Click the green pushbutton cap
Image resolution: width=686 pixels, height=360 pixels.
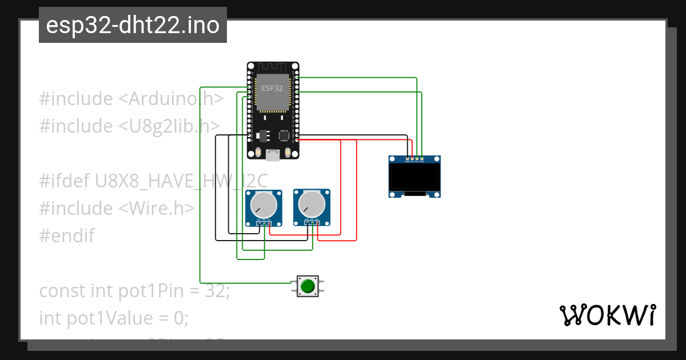pyautogui.click(x=308, y=286)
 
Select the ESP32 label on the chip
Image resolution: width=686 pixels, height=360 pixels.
pyautogui.click(x=272, y=89)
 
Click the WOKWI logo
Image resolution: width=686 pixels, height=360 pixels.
pyautogui.click(x=607, y=315)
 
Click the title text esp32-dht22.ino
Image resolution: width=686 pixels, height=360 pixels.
pyautogui.click(x=133, y=26)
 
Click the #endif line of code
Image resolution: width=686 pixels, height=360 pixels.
pyautogui.click(x=67, y=235)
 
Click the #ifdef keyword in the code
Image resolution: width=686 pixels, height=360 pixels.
pyautogui.click(x=62, y=181)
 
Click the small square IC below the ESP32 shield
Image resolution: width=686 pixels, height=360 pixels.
pyautogui.click(x=284, y=135)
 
